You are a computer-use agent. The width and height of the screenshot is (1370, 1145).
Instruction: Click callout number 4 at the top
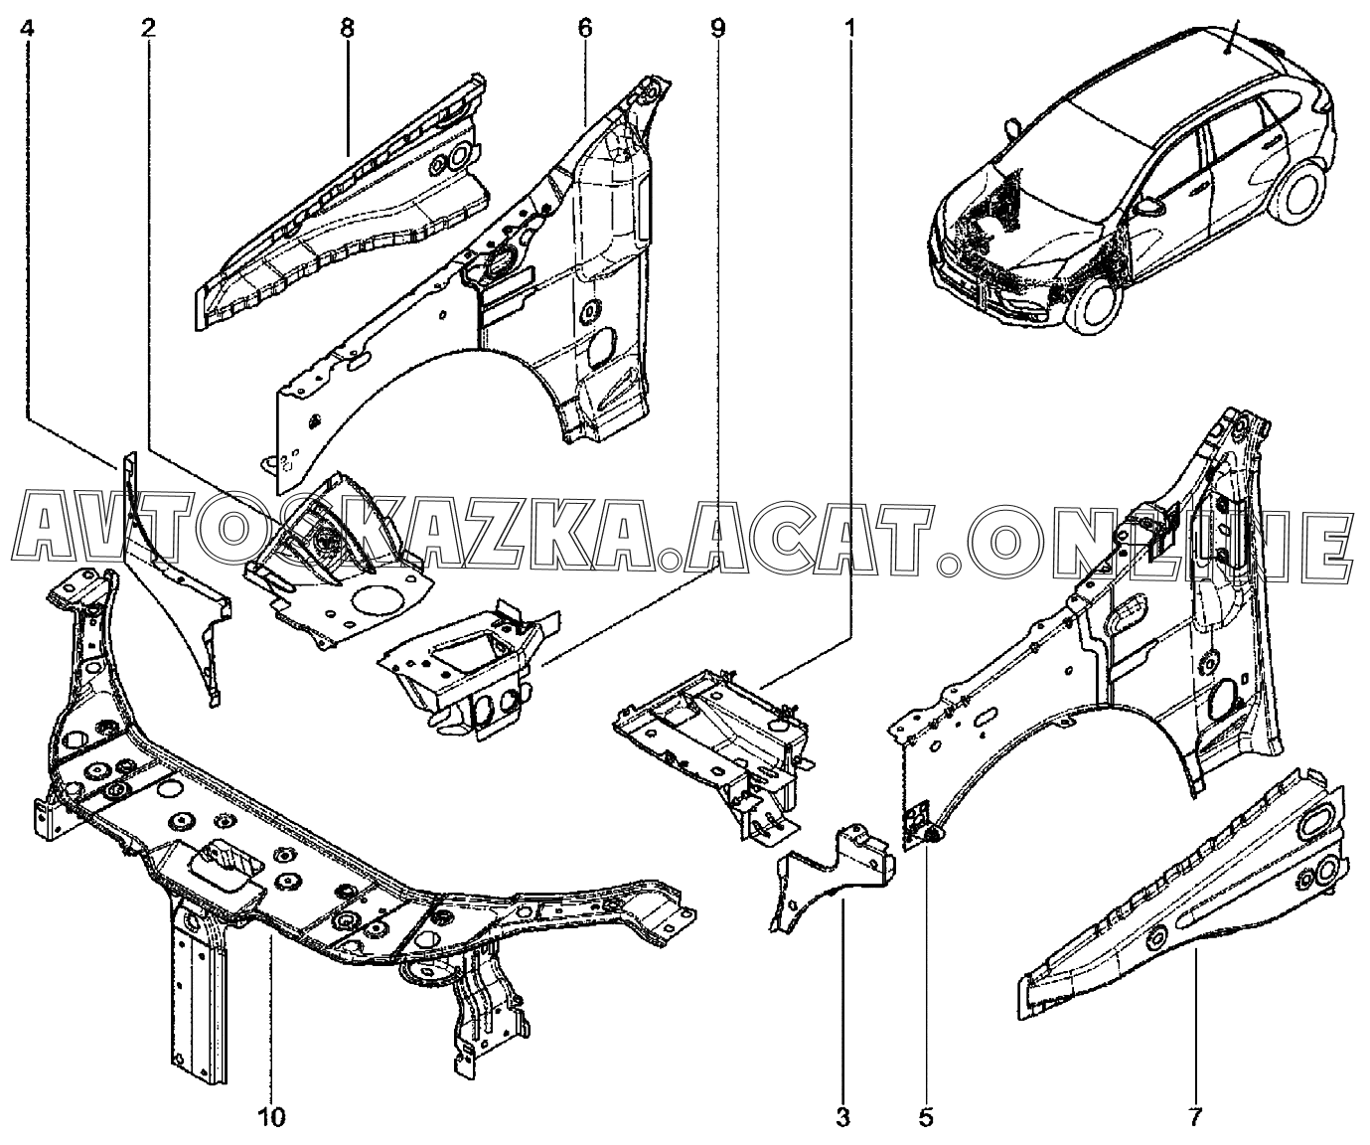point(28,29)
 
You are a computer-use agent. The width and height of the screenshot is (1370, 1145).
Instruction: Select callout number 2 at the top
point(148,29)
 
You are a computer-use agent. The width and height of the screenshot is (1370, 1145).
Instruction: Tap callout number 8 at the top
point(347,29)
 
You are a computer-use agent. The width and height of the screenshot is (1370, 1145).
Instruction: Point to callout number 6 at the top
point(584,29)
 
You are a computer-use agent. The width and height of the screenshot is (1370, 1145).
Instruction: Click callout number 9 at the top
point(717,29)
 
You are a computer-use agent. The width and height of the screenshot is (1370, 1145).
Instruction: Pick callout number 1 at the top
point(849,29)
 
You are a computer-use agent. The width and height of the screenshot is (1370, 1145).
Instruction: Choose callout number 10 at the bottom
point(271,1117)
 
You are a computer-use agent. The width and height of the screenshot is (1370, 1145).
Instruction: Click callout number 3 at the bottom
point(842,1117)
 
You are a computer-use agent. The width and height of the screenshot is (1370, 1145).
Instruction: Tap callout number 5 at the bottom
point(926,1117)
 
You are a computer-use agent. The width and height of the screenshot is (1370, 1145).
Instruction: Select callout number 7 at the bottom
point(1196,1117)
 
